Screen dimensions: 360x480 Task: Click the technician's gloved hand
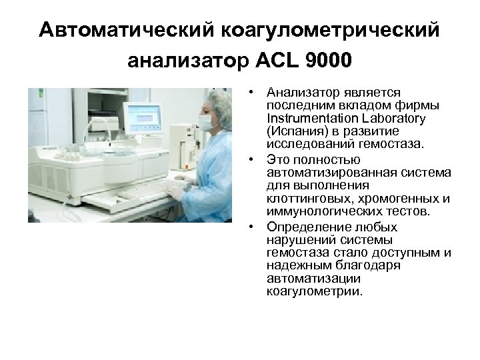174,191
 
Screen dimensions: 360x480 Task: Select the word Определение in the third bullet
299,227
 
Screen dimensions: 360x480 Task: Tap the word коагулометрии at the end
315,291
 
